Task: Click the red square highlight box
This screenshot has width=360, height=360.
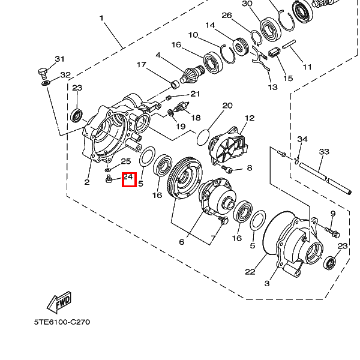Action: coord(129,179)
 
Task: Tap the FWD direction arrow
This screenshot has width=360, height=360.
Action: coord(59,302)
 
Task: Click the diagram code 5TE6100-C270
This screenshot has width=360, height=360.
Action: coord(62,322)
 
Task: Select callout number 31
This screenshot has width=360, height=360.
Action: coord(59,59)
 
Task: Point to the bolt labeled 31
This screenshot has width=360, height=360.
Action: coord(43,73)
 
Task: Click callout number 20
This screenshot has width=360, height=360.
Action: coord(227,106)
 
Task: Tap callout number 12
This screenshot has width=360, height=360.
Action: coord(250,118)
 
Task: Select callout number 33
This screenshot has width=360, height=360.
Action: coord(324,152)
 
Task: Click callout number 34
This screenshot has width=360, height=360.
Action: coord(302,139)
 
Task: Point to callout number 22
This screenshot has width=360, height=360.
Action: coord(250,272)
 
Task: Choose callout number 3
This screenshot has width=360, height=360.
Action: coord(267,284)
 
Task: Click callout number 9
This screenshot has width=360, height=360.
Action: coord(333,214)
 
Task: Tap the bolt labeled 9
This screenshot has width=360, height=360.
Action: coord(332,232)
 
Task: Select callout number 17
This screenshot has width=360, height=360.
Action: coord(142,65)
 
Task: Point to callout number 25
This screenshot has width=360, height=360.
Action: coord(126,161)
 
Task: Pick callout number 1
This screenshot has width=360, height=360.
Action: coord(102,18)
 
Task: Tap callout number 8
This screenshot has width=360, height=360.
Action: coord(250,168)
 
